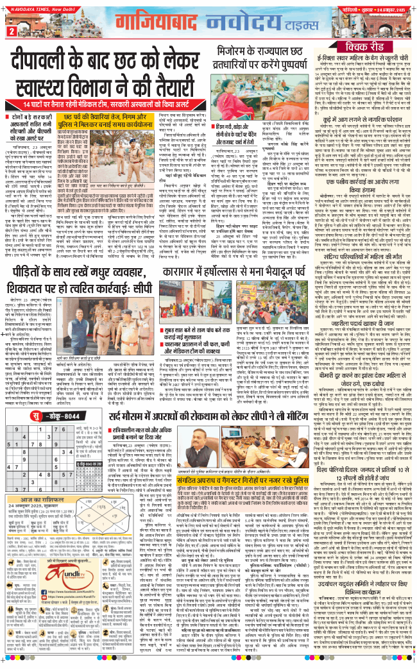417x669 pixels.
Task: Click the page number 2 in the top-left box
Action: pyautogui.click(x=11, y=31)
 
